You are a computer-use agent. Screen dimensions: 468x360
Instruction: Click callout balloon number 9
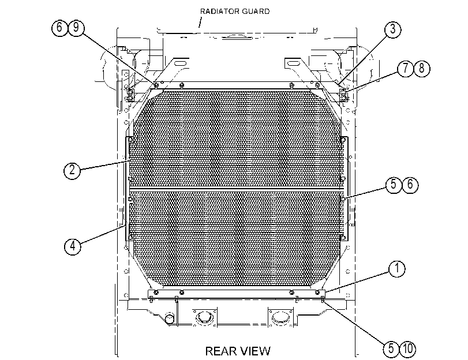[x=76, y=28]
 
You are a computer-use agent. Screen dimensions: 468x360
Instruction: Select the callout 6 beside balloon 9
[x=59, y=28]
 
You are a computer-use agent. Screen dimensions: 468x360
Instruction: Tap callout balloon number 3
[x=392, y=29]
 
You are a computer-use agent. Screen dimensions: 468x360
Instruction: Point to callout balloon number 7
[x=405, y=68]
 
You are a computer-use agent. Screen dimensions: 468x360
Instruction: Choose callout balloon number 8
[x=422, y=68]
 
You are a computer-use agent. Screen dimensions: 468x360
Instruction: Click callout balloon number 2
[x=72, y=170]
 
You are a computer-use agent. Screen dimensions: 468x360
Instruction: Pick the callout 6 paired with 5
[x=410, y=185]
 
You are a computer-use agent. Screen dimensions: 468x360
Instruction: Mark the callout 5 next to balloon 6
[x=394, y=185]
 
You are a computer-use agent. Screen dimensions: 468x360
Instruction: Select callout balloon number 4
[x=73, y=246]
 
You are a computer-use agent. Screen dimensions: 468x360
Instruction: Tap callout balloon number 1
[x=396, y=269]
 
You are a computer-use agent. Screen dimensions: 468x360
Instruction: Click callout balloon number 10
[x=408, y=348]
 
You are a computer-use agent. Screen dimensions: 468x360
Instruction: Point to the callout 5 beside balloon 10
[x=391, y=348]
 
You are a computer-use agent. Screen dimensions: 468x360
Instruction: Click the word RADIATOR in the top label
[x=219, y=12]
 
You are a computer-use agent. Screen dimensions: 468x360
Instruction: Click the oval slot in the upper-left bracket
[x=180, y=63]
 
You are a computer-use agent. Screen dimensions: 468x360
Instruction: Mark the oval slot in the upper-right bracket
[x=294, y=63]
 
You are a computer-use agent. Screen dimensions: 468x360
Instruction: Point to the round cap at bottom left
[x=170, y=318]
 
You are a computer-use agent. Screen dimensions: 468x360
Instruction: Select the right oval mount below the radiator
[x=280, y=317]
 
